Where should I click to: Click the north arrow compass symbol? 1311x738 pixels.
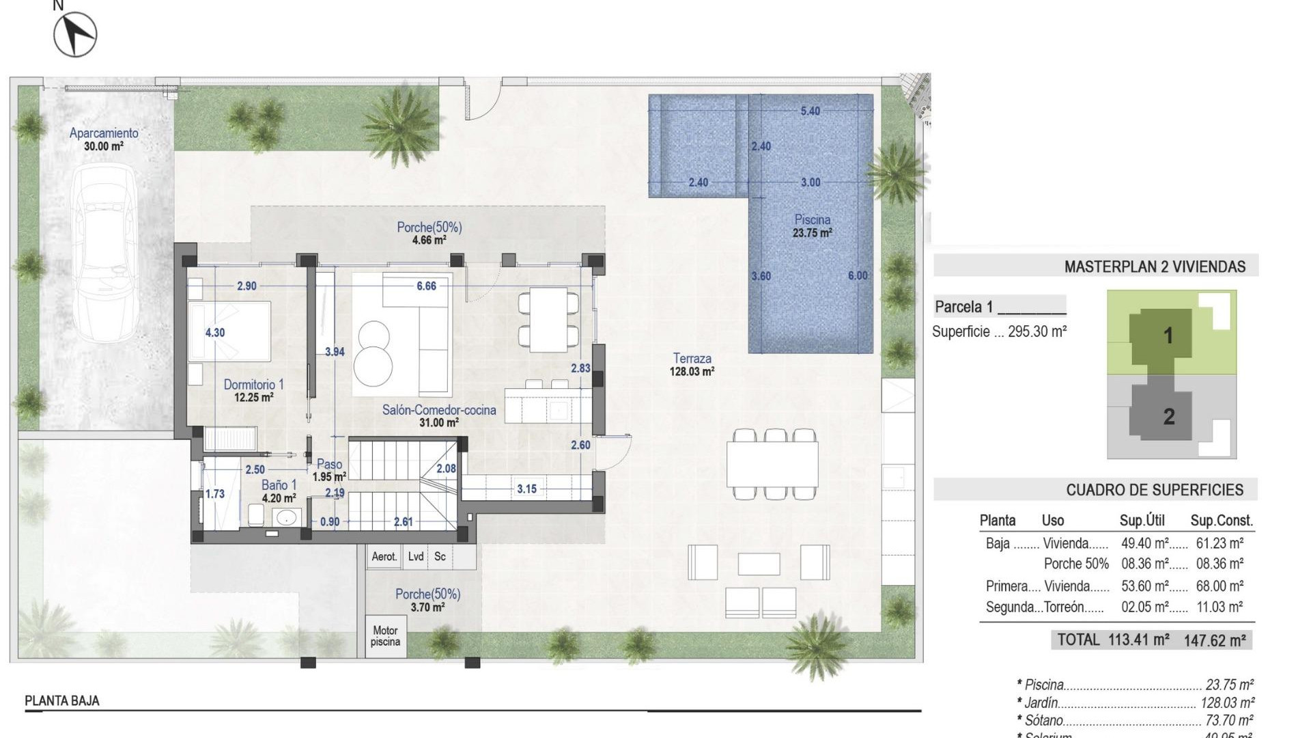[x=75, y=34]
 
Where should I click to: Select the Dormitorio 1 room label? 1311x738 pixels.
[x=253, y=390]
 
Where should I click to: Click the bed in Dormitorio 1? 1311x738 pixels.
[x=230, y=332]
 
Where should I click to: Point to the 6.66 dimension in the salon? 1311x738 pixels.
[x=426, y=286]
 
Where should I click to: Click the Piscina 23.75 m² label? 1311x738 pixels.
[x=812, y=225]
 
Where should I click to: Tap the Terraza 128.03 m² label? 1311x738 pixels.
[x=692, y=364]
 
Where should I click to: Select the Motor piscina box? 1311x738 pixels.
[x=385, y=636]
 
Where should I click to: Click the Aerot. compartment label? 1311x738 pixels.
[x=384, y=557]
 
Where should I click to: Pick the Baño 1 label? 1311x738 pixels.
[x=279, y=491]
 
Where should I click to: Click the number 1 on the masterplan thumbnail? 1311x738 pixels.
[x=1168, y=336]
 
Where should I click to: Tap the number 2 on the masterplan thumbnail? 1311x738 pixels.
[x=1168, y=416]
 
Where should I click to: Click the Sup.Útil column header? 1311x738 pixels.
[x=1142, y=521]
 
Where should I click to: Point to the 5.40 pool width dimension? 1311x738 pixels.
[x=810, y=111]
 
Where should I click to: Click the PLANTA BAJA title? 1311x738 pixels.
[x=62, y=700]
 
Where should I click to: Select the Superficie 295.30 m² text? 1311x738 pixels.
[x=999, y=332]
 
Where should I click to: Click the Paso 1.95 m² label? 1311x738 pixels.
[x=329, y=470]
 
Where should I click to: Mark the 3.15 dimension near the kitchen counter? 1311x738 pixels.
[x=526, y=489]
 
